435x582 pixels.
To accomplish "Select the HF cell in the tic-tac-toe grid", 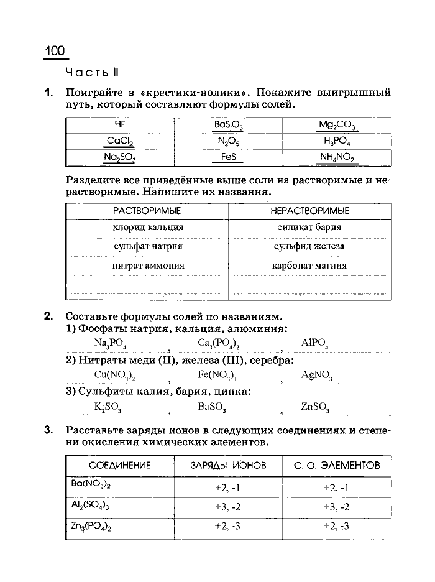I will pyautogui.click(x=120, y=124).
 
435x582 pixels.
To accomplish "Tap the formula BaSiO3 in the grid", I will pyautogui.click(x=228, y=126).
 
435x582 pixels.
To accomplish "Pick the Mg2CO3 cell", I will pyautogui.click(x=336, y=126).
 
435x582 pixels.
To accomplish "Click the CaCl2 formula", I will pyautogui.click(x=120, y=142).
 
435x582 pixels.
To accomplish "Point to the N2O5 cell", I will pyautogui.click(x=228, y=142).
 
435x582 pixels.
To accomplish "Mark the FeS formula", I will pyautogui.click(x=228, y=158).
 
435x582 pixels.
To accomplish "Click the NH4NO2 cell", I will pyautogui.click(x=337, y=158).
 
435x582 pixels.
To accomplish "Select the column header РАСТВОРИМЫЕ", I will pyautogui.click(x=147, y=211).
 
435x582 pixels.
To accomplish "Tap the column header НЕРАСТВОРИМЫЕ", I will pyautogui.click(x=309, y=211).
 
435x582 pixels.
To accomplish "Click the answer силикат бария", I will pyautogui.click(x=309, y=228).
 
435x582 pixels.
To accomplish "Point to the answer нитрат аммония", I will pyautogui.click(x=148, y=266).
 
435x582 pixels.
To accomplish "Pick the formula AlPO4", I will pyautogui.click(x=314, y=343).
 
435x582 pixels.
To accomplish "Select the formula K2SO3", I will pyautogui.click(x=108, y=407).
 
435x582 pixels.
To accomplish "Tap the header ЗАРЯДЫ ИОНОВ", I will pyautogui.click(x=228, y=466).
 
